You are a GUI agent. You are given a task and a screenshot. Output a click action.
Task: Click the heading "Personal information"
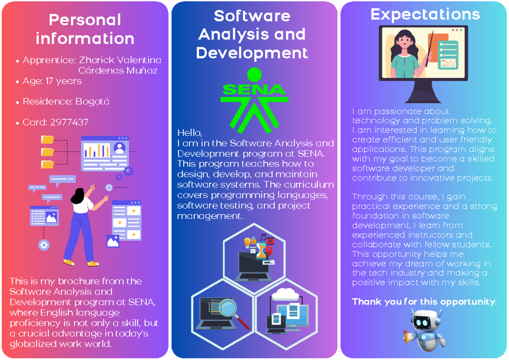tap(85, 29)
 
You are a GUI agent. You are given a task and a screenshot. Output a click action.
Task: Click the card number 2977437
tap(69, 123)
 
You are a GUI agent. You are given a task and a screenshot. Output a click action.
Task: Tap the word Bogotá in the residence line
tap(92, 102)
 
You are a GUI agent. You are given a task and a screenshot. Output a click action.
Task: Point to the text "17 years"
tap(63, 81)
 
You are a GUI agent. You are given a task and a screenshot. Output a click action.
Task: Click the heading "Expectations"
tap(425, 14)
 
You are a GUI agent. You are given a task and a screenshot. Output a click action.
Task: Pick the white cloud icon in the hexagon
tap(285, 294)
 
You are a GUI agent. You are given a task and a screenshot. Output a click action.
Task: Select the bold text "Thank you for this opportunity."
tap(424, 302)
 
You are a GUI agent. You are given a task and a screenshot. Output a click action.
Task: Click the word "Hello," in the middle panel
tap(187, 132)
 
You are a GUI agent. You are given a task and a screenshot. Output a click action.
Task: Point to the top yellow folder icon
tap(48, 140)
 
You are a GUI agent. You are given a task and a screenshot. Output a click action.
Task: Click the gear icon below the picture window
tap(44, 245)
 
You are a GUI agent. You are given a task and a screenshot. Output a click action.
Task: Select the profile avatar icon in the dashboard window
tap(120, 148)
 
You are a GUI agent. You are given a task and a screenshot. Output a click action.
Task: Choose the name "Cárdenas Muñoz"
tap(118, 70)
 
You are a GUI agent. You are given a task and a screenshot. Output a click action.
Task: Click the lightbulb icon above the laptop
tap(247, 243)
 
